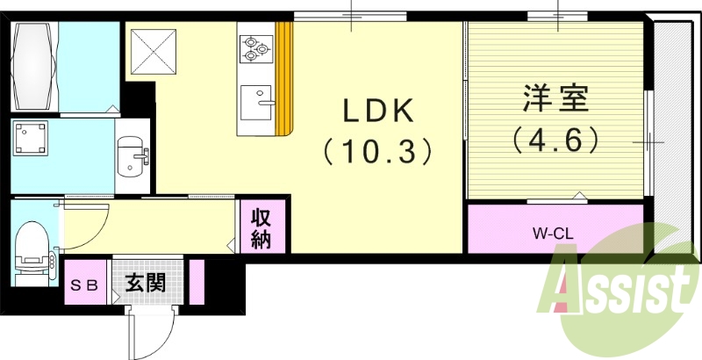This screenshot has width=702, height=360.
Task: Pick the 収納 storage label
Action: click(x=261, y=228)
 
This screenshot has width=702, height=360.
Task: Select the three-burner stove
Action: click(x=255, y=48)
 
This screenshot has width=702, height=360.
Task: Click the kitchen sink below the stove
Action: click(x=256, y=104)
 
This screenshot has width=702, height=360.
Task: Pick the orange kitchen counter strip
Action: click(x=283, y=79)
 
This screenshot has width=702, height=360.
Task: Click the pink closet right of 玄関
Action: click(x=197, y=282)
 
